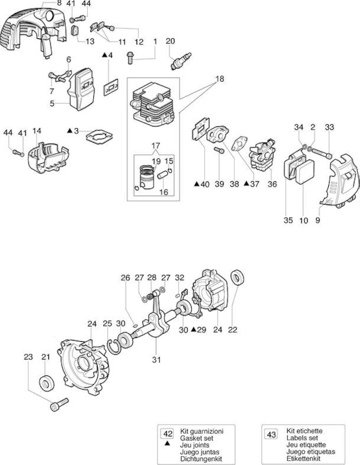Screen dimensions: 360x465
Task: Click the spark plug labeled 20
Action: tap(181, 61)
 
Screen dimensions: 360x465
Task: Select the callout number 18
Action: tap(220, 79)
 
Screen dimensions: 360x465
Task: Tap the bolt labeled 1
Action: tap(130, 58)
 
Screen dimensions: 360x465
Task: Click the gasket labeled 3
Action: tap(99, 137)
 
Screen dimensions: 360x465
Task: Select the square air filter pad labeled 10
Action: tap(304, 173)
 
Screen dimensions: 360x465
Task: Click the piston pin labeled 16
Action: tap(163, 174)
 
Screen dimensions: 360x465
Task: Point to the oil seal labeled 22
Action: tap(238, 277)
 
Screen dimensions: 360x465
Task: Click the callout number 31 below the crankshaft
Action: tap(156, 360)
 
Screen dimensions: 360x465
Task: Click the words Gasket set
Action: tap(196, 438)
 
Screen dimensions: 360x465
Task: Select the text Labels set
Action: tap(302, 438)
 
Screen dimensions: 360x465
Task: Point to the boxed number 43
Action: tap(271, 435)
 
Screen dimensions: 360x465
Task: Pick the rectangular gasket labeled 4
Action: tap(111, 87)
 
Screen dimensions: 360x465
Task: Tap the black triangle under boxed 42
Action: tap(168, 443)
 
